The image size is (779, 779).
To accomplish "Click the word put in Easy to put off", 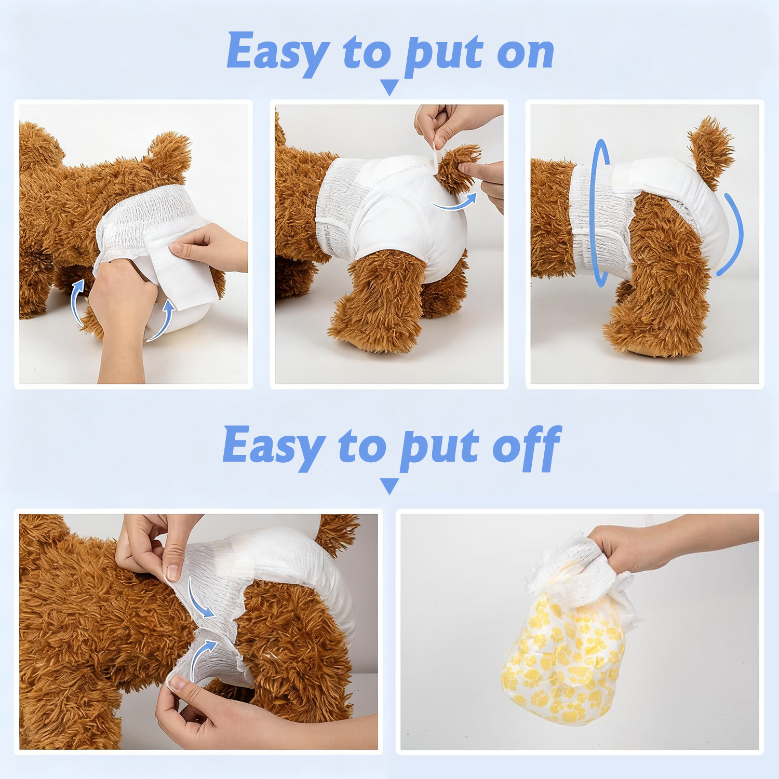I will [439, 448].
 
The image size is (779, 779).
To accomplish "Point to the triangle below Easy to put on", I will [389, 87].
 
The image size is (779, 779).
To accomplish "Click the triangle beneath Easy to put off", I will [389, 486].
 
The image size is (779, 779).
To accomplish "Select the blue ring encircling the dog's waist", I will [600, 213].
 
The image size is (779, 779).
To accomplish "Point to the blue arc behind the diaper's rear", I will [733, 234].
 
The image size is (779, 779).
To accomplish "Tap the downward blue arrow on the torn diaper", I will [200, 600].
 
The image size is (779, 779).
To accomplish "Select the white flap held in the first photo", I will [184, 280].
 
